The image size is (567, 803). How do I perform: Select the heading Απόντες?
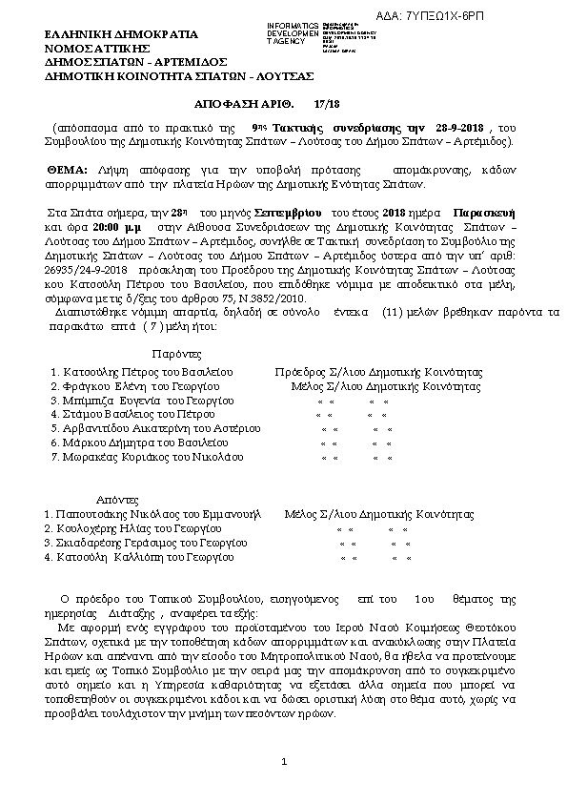click(118, 499)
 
